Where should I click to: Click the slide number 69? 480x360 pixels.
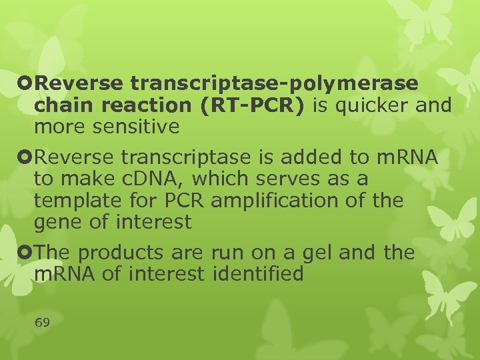tap(42, 323)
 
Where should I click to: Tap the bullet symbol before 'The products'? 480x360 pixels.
tap(25, 253)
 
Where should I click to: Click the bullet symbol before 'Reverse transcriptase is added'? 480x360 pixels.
tap(25, 157)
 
